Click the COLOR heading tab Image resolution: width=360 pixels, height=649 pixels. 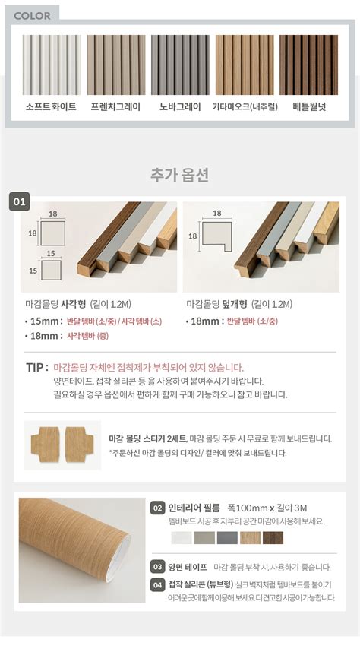tap(32, 15)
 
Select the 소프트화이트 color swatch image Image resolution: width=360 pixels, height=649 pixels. tap(51, 65)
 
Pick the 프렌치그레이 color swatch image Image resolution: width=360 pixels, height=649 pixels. tap(115, 65)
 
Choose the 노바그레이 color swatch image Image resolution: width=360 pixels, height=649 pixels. tap(179, 65)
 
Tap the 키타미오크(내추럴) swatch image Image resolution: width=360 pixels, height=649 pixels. tap(244, 65)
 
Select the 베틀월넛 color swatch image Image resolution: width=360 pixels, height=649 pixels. tap(308, 65)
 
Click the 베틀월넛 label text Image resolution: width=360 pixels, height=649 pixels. tap(309, 107)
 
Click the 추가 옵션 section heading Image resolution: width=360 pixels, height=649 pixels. tap(180, 175)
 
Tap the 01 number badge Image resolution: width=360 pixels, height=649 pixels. tap(20, 202)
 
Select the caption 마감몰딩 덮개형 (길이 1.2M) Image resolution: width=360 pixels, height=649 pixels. tap(238, 304)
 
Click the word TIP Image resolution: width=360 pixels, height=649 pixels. tap(36, 368)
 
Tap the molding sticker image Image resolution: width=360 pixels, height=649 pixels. tap(62, 445)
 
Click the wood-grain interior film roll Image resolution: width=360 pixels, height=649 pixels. tap(81, 549)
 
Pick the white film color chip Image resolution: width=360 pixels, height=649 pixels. tap(182, 538)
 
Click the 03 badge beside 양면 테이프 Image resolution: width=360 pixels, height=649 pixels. tap(158, 567)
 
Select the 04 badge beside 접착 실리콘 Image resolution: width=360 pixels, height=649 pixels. tap(158, 584)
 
